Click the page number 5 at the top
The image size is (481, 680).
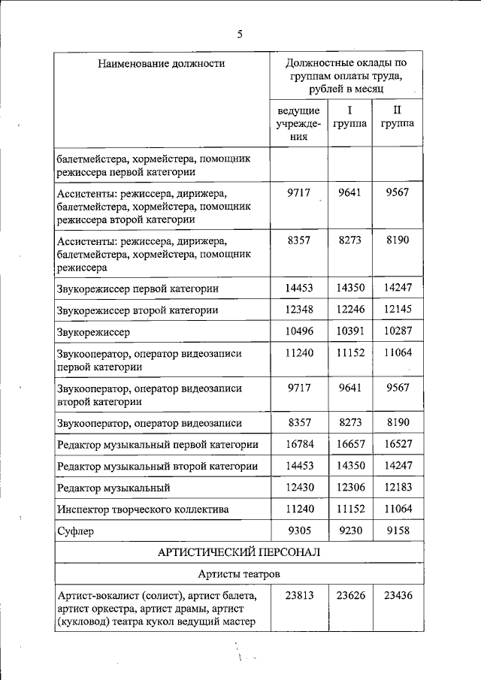[x=240, y=34]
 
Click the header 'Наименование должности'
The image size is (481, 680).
[x=161, y=64]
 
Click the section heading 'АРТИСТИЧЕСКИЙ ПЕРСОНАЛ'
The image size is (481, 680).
[x=239, y=552]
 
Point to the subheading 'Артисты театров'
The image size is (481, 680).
[x=239, y=574]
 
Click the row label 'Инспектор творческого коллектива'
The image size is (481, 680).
[x=132, y=509]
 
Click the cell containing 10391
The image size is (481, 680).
[x=349, y=331]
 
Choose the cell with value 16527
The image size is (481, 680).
[x=398, y=444]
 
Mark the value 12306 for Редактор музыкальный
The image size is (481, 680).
[x=349, y=488]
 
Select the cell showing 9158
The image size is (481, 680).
[x=398, y=530]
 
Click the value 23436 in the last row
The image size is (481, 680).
[x=398, y=596]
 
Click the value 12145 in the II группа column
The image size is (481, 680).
[x=398, y=310]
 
